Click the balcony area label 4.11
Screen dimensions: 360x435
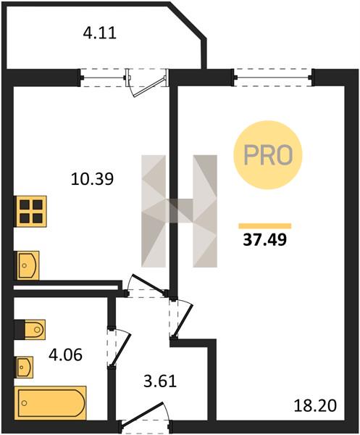click(x=99, y=33)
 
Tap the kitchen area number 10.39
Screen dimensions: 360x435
click(x=92, y=178)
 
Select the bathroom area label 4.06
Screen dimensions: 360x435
click(x=65, y=355)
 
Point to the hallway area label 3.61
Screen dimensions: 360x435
click(x=160, y=381)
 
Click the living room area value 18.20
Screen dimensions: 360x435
click(x=315, y=406)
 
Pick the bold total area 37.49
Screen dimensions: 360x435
click(x=264, y=240)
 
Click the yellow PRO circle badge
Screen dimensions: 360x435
click(x=268, y=155)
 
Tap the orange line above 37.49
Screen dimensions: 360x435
click(x=265, y=225)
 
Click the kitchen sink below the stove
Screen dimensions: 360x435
click(x=28, y=265)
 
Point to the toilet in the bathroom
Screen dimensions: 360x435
click(x=30, y=330)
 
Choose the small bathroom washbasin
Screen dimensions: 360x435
click(x=25, y=367)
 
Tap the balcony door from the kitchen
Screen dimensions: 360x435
click(x=147, y=81)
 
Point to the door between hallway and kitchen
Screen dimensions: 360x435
click(x=147, y=286)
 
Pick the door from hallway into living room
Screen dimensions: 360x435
click(x=181, y=319)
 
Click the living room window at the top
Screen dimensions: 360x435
click(x=274, y=78)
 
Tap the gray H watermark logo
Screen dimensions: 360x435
click(x=179, y=211)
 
